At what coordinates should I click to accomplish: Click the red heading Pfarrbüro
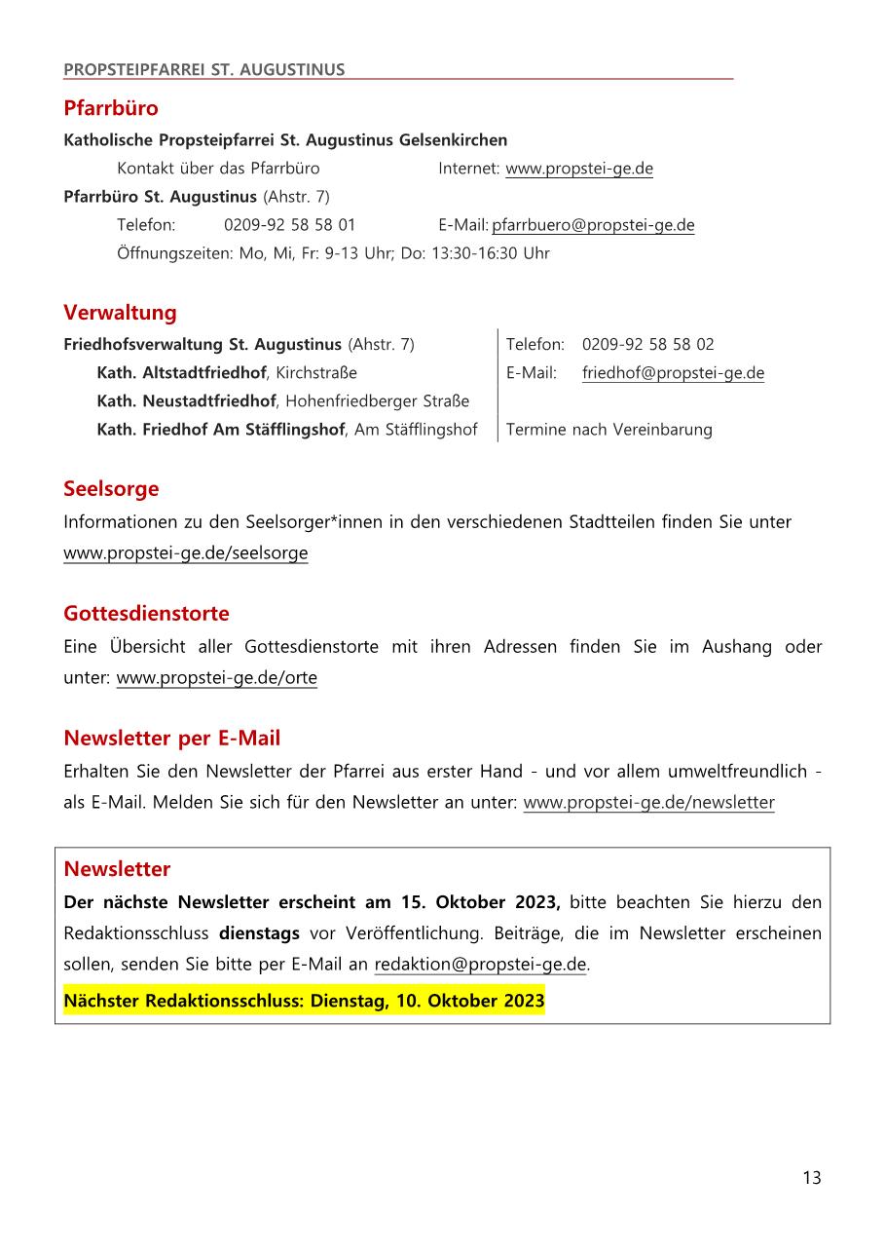pos(110,107)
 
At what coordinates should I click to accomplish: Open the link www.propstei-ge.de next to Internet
pos(578,169)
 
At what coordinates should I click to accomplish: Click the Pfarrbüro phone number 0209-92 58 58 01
pos(289,225)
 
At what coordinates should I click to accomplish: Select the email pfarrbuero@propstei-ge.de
pos(593,225)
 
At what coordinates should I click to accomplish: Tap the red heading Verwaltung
pos(120,313)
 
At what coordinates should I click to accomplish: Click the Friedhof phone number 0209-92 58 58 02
pos(647,344)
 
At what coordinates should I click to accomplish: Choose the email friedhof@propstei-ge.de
pos(673,372)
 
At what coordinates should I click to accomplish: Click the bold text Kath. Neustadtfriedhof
pos(187,400)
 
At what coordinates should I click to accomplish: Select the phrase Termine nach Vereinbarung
pos(608,429)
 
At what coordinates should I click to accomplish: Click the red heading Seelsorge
pos(111,488)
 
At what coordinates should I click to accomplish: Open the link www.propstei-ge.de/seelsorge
pos(185,553)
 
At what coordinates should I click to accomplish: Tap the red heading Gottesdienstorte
pos(146,613)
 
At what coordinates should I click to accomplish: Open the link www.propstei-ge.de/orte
pos(216,678)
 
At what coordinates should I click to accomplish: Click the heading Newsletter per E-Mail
pos(171,739)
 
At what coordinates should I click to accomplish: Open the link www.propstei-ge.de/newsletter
pos(648,803)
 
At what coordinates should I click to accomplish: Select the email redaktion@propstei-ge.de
pos(480,965)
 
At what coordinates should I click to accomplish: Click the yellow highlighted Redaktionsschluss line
pos(304,1001)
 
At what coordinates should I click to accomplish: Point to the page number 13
pos(811,1178)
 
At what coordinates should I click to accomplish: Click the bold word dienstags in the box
pos(259,933)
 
